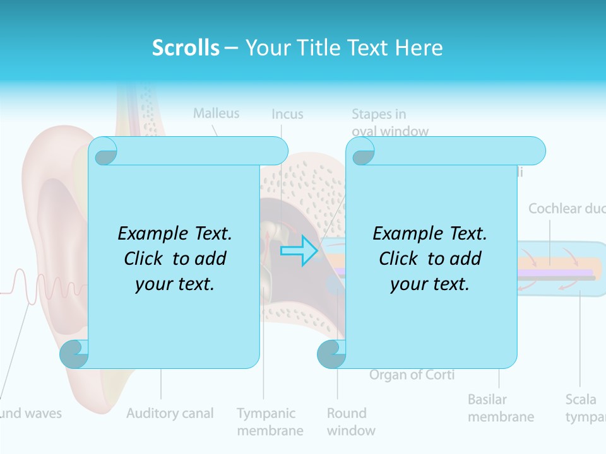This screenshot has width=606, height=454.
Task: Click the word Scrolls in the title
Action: pos(186,47)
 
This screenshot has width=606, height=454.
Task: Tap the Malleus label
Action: pos(216,113)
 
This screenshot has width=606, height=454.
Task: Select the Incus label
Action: pos(287,114)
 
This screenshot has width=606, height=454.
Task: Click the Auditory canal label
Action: pos(170,414)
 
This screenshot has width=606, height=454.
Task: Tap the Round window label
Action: pos(351,422)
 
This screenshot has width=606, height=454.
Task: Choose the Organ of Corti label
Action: pos(412,375)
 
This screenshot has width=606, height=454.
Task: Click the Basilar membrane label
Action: pos(501,408)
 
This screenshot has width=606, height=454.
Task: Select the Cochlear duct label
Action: pos(566,209)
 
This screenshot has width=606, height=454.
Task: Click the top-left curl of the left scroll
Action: pos(103,151)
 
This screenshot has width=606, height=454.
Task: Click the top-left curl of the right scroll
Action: pos(360,151)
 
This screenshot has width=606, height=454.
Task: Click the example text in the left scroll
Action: pos(175,259)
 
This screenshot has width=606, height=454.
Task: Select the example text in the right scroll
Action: pos(430,259)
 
